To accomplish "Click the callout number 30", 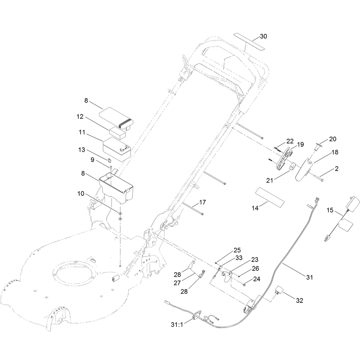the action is click(x=263, y=36).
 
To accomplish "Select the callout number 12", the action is click(x=80, y=117).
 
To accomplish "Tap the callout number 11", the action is click(x=82, y=132).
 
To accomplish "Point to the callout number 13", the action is click(x=82, y=150).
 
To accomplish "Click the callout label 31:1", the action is click(x=177, y=324).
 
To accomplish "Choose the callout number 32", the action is click(x=299, y=300).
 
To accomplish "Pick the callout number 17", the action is click(x=202, y=202).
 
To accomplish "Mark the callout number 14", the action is click(x=255, y=208).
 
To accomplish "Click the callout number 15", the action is click(x=330, y=210).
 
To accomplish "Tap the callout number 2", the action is click(x=337, y=168).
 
